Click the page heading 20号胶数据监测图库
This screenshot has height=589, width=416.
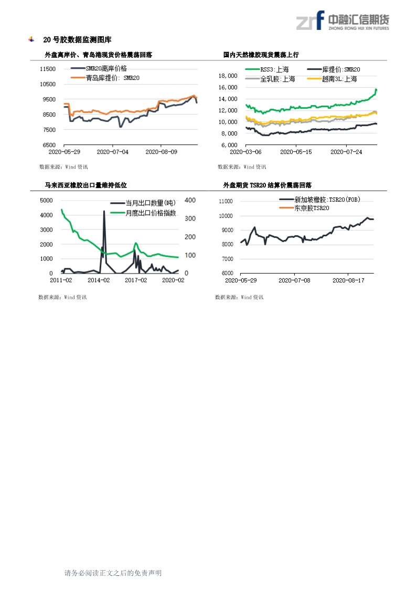(x=77, y=40)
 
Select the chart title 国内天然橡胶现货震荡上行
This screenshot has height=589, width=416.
(x=261, y=55)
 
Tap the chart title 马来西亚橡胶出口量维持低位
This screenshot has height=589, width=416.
(x=86, y=185)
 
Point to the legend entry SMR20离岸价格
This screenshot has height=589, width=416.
(x=106, y=68)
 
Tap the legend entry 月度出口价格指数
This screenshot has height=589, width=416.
(x=151, y=213)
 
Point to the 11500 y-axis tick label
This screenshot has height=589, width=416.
(x=48, y=69)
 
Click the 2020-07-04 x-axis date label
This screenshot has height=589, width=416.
(x=112, y=152)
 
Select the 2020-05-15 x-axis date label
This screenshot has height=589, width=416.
(x=296, y=152)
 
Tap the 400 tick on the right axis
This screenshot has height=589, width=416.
(x=190, y=200)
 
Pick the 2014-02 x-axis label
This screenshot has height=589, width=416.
(x=98, y=280)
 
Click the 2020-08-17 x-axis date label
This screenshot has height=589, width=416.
(x=348, y=280)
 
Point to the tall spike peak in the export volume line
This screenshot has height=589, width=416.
(x=104, y=212)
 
